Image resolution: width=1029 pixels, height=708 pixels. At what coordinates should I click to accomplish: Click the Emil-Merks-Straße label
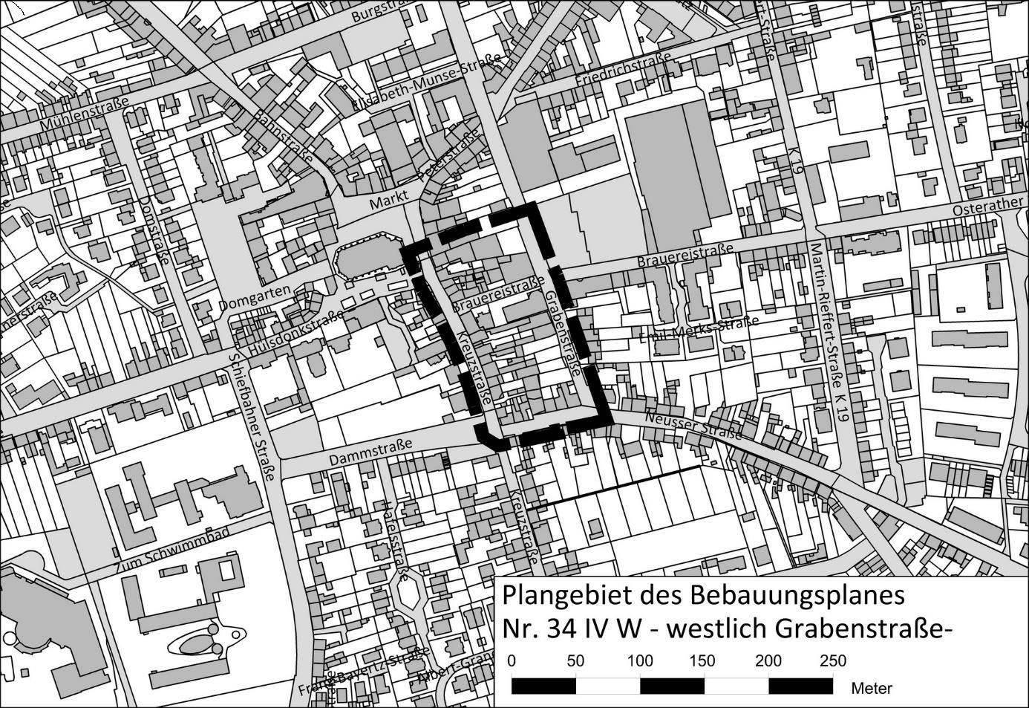point(699,330)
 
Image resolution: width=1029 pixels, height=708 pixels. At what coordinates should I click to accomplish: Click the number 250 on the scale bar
point(832,660)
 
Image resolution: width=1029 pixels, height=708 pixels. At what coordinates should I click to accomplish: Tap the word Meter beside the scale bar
point(871,688)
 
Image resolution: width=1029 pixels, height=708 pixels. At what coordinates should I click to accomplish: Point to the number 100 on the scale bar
point(640,660)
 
